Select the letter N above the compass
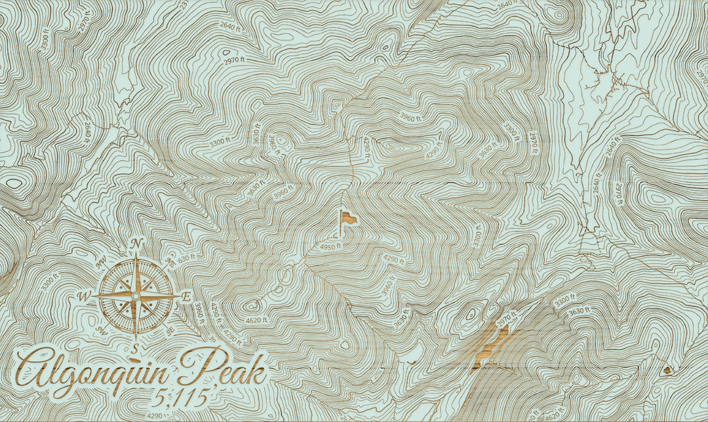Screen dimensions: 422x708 coord(136,244)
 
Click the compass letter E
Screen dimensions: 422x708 coord(186,297)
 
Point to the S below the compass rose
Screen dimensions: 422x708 coord(135,348)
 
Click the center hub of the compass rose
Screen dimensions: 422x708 coord(136,296)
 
